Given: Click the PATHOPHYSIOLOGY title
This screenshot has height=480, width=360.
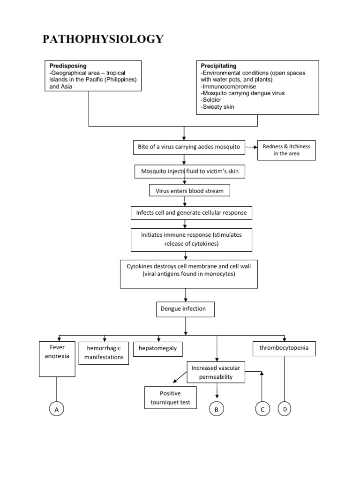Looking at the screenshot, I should (x=103, y=39).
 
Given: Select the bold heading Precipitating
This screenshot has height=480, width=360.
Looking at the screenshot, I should (x=218, y=66).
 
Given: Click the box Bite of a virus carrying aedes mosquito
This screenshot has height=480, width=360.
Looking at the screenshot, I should (x=189, y=147).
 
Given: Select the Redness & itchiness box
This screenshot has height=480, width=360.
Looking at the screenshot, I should (x=286, y=150).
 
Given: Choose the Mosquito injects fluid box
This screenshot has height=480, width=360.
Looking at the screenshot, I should (x=189, y=172).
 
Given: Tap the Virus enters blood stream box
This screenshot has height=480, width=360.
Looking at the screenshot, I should (x=189, y=191).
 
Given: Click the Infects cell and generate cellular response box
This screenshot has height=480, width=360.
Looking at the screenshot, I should (x=191, y=213).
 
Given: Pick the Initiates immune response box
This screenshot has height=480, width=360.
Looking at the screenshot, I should (x=191, y=240).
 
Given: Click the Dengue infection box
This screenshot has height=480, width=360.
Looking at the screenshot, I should (x=186, y=309).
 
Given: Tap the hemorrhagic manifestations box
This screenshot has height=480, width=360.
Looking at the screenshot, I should (x=104, y=352).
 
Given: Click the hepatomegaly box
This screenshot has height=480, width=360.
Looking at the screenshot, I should (x=158, y=349).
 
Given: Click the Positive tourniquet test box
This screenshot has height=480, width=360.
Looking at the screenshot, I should (x=170, y=397).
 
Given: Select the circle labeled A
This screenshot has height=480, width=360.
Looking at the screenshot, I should (x=56, y=410).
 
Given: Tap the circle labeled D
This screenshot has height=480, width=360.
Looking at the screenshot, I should (x=285, y=409).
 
